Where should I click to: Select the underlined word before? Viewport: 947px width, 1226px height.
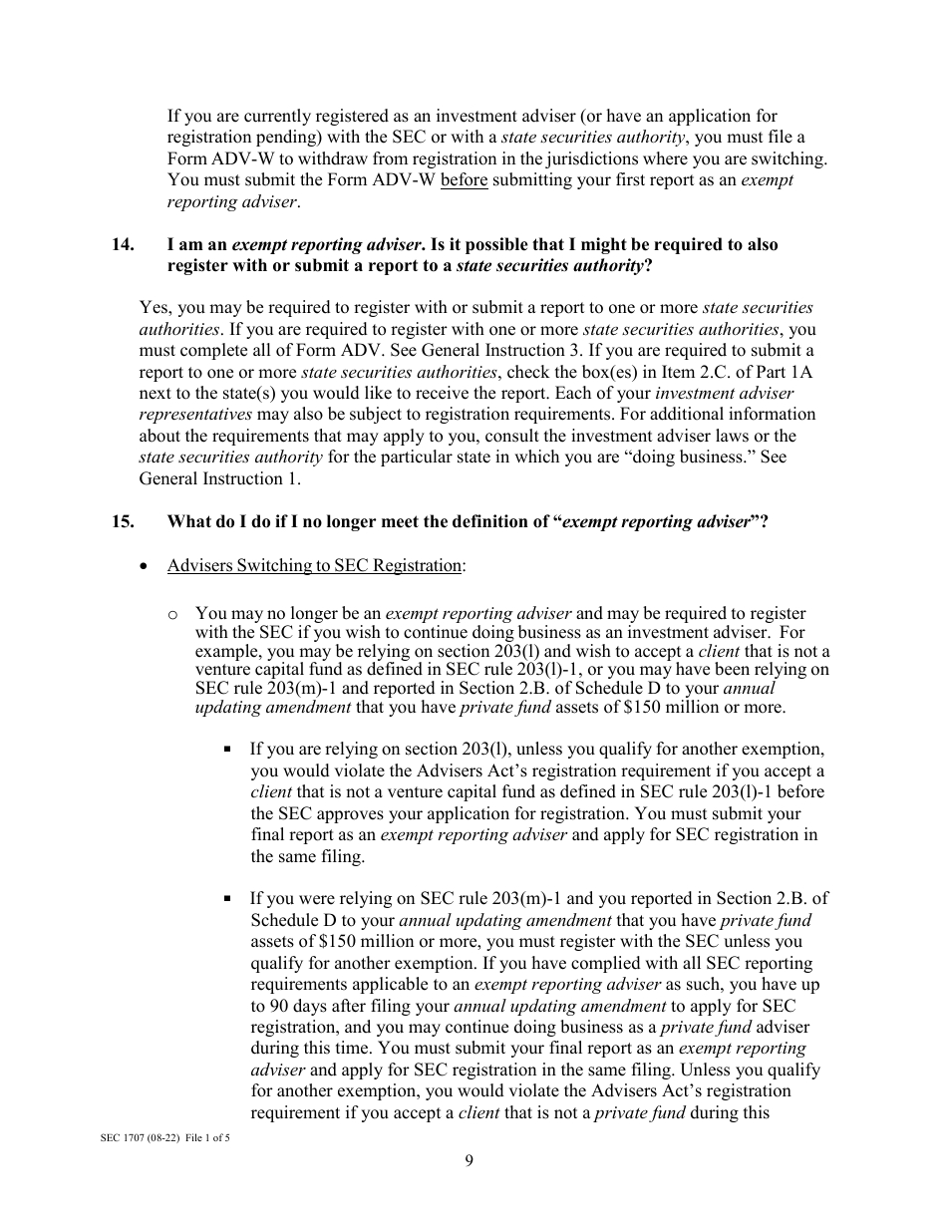(x=464, y=180)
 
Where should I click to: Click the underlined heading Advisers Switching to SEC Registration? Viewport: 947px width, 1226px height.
(x=314, y=566)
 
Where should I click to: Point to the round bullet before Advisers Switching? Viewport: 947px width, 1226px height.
(x=147, y=566)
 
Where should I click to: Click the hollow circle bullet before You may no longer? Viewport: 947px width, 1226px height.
(x=173, y=614)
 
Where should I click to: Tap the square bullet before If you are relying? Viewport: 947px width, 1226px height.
(x=229, y=749)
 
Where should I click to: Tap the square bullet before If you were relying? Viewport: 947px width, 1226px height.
(x=229, y=898)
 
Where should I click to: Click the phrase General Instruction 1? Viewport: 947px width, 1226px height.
(x=219, y=478)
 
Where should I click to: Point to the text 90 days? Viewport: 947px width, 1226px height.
(x=297, y=1007)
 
